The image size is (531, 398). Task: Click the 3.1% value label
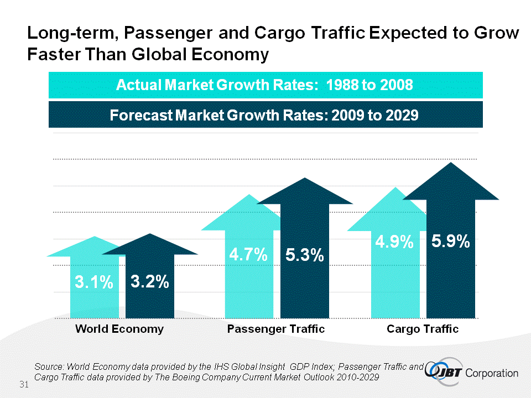94,283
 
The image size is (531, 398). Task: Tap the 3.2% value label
149,282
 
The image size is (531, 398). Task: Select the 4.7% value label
249,255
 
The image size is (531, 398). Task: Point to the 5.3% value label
304,255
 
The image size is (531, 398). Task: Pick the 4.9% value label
394,242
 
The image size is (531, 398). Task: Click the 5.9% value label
451,242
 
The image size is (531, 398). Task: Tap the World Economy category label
119,329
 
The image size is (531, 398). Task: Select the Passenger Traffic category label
276,329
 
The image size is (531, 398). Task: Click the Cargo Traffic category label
423,329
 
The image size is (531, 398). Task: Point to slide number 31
24,384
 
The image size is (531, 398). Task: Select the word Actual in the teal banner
137,86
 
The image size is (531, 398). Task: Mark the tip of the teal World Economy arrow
96,237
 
